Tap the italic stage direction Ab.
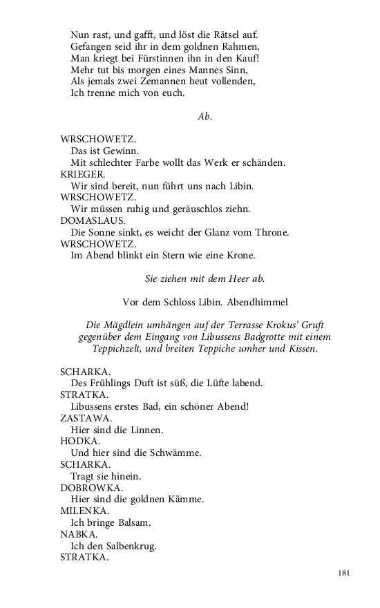[205, 116]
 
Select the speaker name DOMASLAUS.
[88, 220]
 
